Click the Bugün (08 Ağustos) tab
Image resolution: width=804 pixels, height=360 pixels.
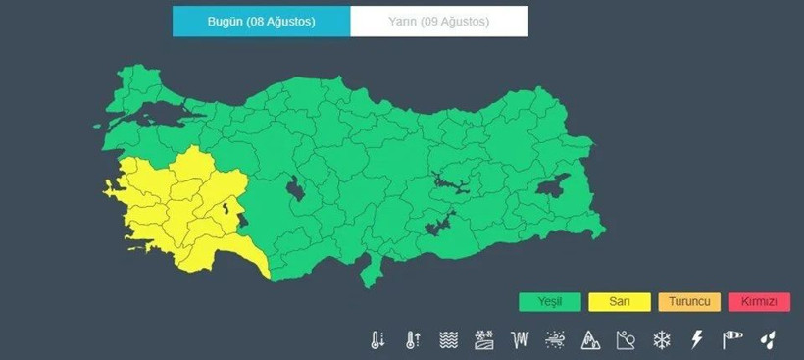[x=261, y=22]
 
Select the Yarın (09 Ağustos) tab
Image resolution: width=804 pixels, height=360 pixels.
[x=438, y=22]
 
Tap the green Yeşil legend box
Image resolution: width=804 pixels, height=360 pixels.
[x=550, y=301]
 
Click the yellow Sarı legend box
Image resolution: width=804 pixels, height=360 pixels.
[x=620, y=301]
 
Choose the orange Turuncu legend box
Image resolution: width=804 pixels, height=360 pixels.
[x=689, y=301]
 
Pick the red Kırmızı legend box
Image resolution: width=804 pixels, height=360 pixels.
[x=759, y=301]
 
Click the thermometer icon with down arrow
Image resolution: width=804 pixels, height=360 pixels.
[x=377, y=340]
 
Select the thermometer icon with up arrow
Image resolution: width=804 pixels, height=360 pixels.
[x=413, y=340]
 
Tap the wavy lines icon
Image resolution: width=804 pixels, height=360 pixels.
[x=448, y=340]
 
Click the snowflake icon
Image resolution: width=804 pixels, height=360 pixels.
[x=662, y=340]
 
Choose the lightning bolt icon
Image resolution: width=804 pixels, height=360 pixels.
[x=697, y=340]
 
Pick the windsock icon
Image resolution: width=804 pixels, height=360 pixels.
[x=732, y=340]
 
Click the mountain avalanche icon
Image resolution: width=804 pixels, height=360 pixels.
[x=590, y=340]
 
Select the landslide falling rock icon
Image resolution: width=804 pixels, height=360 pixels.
[x=626, y=340]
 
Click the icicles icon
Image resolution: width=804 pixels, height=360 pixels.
[x=520, y=340]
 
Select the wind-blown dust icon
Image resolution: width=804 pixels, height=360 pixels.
[x=483, y=340]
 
